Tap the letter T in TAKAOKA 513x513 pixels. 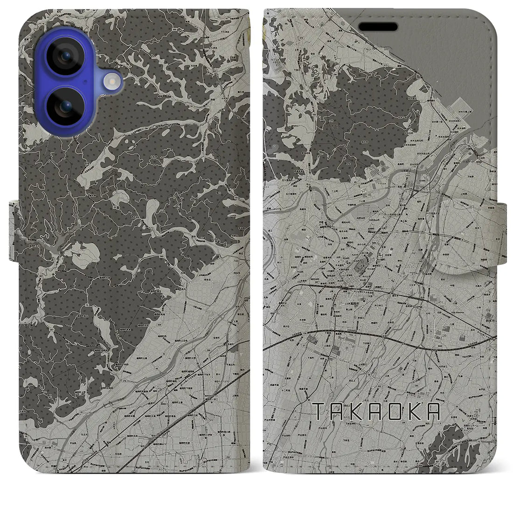[317, 411]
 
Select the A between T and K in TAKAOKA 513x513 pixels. [337, 411]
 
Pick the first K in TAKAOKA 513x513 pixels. [357, 411]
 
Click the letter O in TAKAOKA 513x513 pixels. [395, 411]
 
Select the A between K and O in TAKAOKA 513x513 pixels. [376, 411]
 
